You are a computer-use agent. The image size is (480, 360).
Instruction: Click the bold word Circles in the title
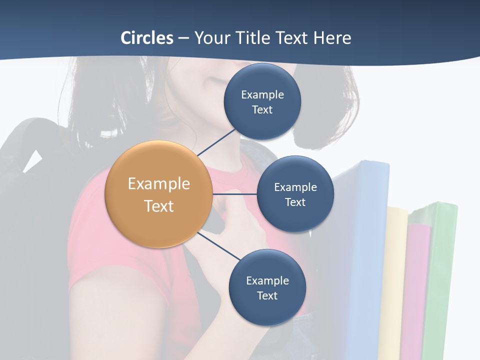point(147,38)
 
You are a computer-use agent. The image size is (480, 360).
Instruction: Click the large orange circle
point(158,194)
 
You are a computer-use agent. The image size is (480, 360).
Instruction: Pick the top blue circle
point(262,101)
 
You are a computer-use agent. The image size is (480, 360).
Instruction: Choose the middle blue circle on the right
point(295,194)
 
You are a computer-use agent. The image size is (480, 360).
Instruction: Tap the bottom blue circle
point(267,287)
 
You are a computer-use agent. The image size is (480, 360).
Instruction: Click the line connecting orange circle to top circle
point(216,142)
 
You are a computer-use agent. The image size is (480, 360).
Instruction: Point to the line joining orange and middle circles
point(235,194)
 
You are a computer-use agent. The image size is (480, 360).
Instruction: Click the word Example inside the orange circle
point(158,183)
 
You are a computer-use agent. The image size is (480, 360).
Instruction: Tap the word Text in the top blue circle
point(262,109)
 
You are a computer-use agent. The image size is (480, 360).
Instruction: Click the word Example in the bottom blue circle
point(267,280)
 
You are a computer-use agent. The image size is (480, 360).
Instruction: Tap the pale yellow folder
point(395,280)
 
